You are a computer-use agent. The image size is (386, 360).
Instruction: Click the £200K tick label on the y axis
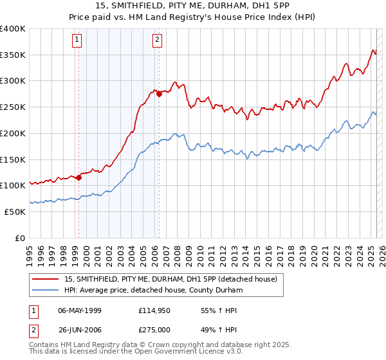[13, 133]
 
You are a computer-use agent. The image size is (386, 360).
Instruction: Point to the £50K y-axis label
[15, 212]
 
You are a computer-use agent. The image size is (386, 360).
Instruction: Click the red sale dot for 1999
[78, 177]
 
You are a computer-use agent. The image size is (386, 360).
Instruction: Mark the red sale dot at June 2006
[159, 94]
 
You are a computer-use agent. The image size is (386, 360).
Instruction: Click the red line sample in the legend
[45, 280]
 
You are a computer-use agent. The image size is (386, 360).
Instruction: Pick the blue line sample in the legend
[45, 291]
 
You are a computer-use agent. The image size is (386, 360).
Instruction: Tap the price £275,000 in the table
[155, 330]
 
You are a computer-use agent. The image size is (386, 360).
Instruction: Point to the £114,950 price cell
[155, 310]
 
